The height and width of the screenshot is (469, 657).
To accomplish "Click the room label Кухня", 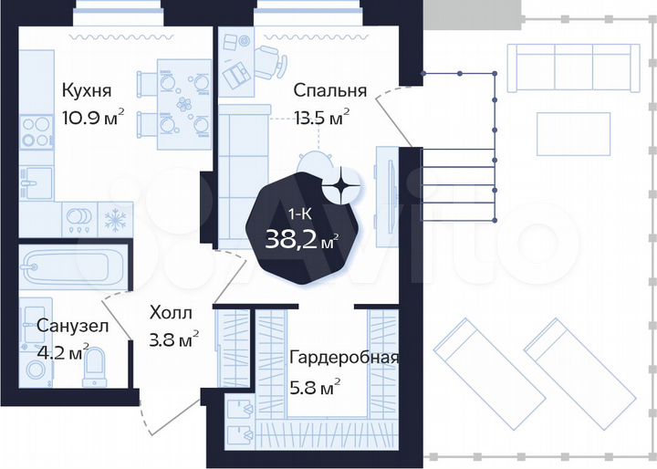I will pyautogui.click(x=87, y=90).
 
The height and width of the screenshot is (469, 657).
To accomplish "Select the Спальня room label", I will pyautogui.click(x=329, y=90).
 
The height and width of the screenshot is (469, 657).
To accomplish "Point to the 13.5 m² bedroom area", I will pyautogui.click(x=321, y=118).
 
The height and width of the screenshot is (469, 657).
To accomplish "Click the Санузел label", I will pyautogui.click(x=73, y=325).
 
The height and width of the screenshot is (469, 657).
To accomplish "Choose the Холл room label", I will pyautogui.click(x=172, y=314).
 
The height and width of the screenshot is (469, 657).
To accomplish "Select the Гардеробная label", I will pyautogui.click(x=343, y=357).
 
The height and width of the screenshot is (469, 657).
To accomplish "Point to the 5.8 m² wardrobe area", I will pyautogui.click(x=314, y=384).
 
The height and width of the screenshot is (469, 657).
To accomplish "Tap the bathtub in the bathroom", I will pyautogui.click(x=67, y=267).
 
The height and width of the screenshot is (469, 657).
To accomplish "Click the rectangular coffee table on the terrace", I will pyautogui.click(x=572, y=132).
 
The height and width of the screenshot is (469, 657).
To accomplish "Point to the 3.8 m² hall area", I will pyautogui.click(x=174, y=341).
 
